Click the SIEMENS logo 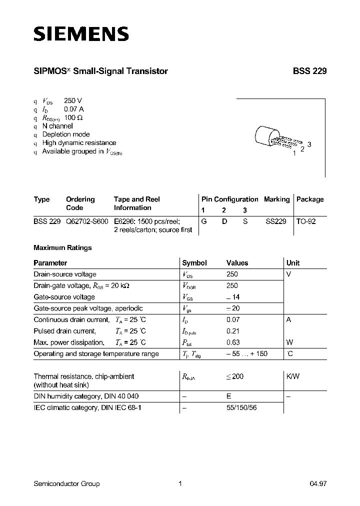81,34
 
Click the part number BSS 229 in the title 309,71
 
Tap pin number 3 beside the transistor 309,144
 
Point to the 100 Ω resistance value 73,117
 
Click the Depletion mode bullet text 66,134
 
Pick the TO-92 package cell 306,220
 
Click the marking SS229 276,220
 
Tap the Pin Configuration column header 229,199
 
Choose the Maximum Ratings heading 62,247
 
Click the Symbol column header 194,262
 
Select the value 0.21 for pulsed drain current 233,331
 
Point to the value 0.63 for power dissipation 233,342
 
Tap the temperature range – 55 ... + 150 247,354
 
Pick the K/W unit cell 293,376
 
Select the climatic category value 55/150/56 242,407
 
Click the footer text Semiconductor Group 66,483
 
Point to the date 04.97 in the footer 318,483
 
